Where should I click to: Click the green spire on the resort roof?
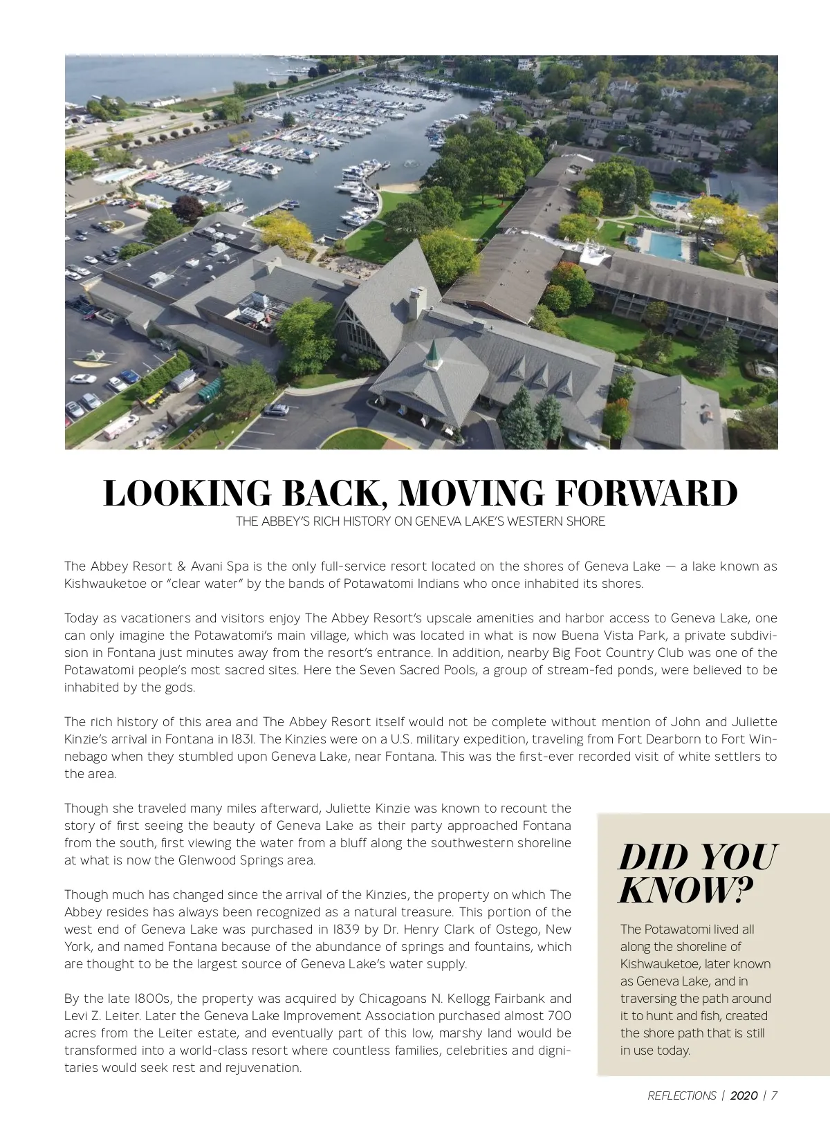[433, 354]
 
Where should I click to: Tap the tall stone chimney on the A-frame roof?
[416, 303]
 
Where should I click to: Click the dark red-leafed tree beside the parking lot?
[187, 207]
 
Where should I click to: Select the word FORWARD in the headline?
[646, 493]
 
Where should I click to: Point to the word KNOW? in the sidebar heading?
[685, 890]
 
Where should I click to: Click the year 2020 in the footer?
[744, 1095]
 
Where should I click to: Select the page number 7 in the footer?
[774, 1095]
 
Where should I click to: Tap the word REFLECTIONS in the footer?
[681, 1095]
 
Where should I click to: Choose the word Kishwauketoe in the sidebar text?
[661, 964]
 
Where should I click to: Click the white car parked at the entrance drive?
[277, 409]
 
